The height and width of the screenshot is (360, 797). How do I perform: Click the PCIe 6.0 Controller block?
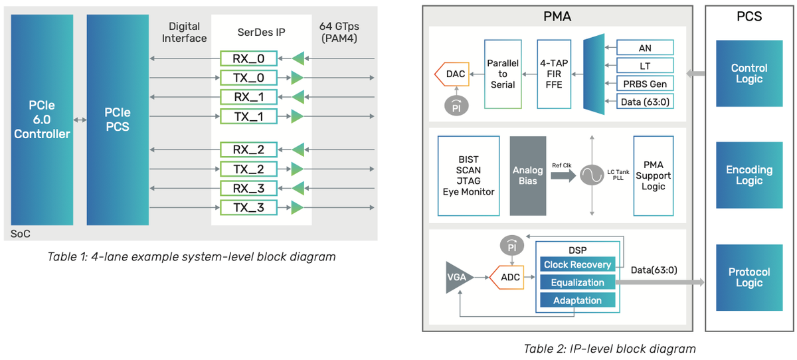[42, 120]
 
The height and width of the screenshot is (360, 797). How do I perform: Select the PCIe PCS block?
[118, 120]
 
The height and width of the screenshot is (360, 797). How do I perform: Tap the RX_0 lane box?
[248, 58]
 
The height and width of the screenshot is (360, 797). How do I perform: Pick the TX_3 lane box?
[248, 208]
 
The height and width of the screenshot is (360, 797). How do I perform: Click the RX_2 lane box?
[248, 149]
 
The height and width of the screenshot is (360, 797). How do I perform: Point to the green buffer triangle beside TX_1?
[297, 117]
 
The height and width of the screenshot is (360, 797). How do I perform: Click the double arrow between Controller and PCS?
[80, 120]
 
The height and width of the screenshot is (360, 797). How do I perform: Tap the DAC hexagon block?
[453, 74]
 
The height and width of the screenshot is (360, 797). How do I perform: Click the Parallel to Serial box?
[503, 74]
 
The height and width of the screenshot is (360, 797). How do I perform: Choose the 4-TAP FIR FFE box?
[553, 74]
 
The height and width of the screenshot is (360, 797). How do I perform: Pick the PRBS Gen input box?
[645, 83]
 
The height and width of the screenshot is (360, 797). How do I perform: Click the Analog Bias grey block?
[527, 175]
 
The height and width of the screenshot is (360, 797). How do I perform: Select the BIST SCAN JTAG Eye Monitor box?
[469, 175]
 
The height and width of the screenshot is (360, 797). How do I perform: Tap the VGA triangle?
[459, 277]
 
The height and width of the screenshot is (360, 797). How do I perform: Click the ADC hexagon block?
[509, 277]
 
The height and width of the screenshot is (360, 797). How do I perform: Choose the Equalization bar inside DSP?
[578, 282]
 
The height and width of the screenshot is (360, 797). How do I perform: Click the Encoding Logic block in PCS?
[749, 175]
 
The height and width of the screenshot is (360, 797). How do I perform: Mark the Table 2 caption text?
[609, 349]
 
